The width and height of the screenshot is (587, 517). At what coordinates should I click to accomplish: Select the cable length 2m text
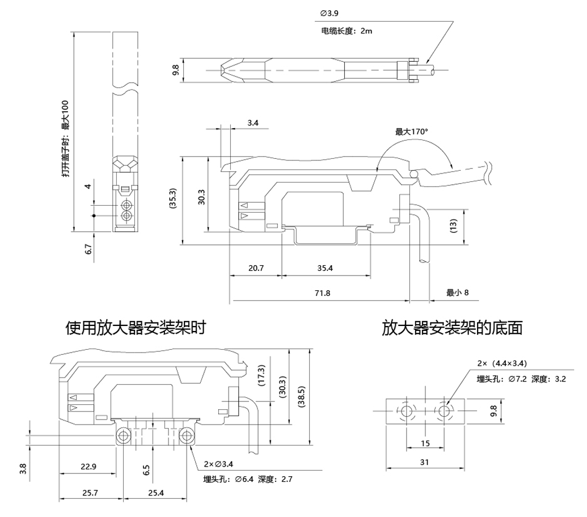[346, 31]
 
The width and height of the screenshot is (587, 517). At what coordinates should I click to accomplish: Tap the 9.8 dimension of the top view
[176, 70]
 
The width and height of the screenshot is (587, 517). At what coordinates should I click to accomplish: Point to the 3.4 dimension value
[254, 122]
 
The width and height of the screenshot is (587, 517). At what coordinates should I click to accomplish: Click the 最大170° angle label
[411, 132]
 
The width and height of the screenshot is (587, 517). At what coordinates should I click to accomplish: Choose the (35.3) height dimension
[174, 200]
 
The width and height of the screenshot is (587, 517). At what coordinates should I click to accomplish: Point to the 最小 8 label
[457, 293]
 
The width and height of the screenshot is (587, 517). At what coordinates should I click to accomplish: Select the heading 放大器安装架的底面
[452, 328]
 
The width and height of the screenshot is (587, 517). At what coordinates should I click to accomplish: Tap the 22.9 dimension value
[88, 467]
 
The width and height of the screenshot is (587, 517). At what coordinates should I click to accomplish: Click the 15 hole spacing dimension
[425, 443]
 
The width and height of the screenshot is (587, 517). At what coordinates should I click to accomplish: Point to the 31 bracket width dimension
[425, 462]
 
